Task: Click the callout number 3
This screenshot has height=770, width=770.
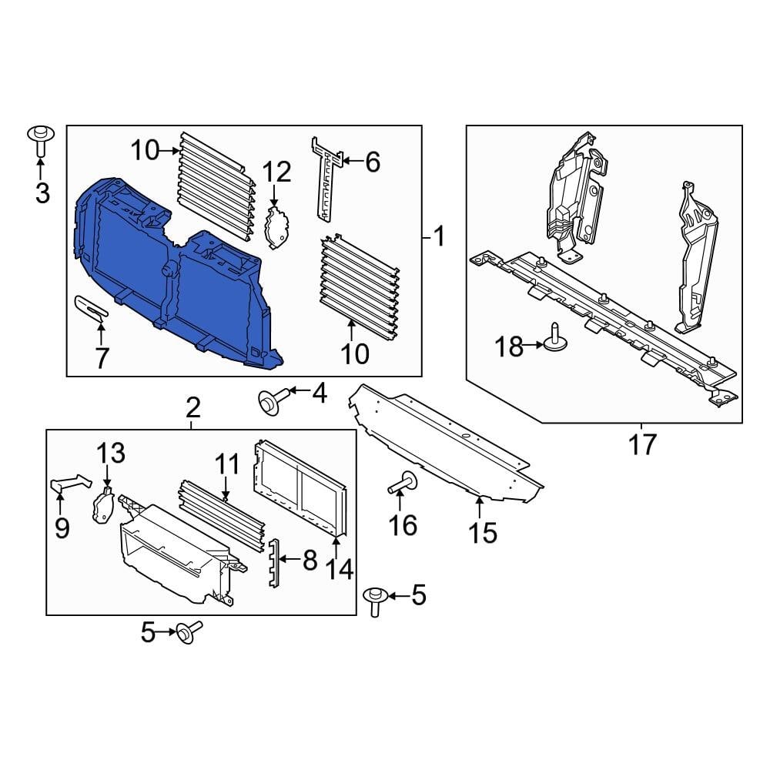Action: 42,192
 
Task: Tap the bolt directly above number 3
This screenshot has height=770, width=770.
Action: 40,139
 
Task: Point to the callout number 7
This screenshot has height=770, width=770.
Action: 102,357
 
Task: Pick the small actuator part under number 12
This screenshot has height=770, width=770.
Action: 277,227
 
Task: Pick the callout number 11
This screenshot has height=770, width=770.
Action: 226,464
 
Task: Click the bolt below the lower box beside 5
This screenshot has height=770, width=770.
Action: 188,633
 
